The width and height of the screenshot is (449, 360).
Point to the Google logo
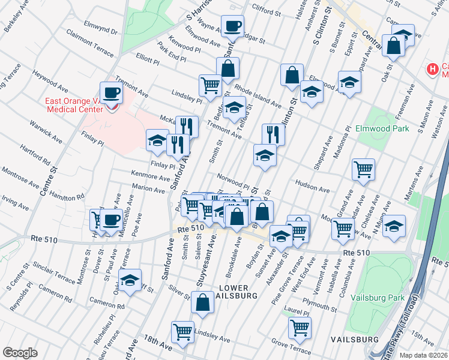pos(20,352)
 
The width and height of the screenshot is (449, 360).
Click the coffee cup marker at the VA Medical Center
pos(112,93)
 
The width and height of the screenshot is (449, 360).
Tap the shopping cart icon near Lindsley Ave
pos(182,331)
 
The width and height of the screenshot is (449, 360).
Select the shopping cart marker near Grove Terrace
pos(300,327)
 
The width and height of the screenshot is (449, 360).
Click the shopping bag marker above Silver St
pos(203,303)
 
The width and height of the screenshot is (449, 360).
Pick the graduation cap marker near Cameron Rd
pos(130,281)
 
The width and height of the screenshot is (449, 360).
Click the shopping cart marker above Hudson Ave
pos(364,170)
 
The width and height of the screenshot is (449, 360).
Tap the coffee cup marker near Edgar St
pos(232,26)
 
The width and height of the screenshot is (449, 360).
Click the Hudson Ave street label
pos(312,185)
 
